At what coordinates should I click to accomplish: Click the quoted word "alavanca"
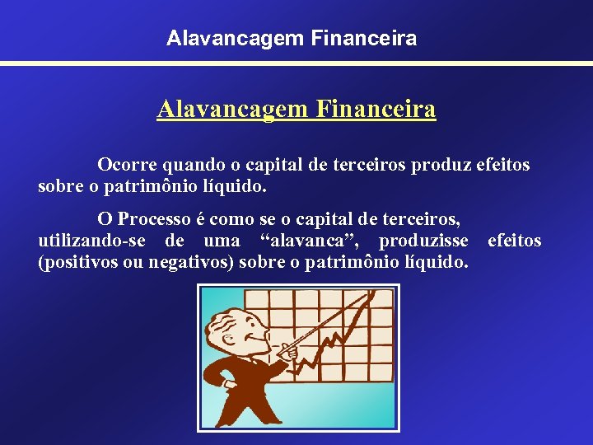click(310, 241)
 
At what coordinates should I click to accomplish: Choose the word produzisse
click(423, 241)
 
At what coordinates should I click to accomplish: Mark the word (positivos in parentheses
click(77, 262)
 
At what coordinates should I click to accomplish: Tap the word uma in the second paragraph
click(220, 241)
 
